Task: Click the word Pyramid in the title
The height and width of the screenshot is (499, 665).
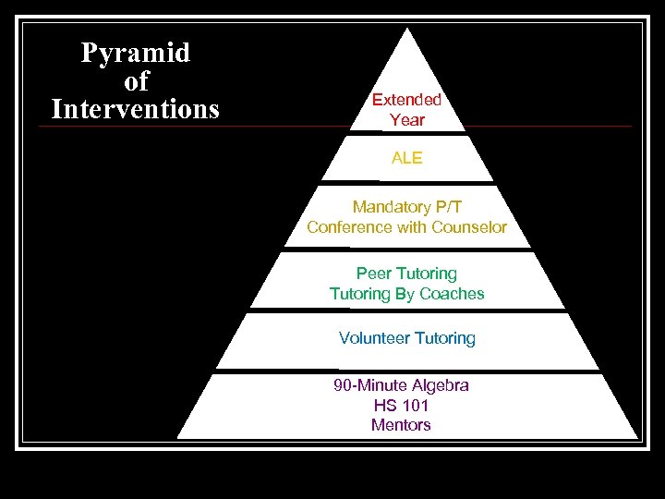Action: pos(135,54)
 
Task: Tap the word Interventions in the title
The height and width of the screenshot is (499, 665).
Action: pos(136,110)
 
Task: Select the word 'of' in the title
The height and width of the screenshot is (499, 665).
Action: pos(136,82)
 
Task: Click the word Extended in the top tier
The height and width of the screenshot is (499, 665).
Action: pos(406,100)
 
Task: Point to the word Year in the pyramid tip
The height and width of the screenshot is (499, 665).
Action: pos(407,120)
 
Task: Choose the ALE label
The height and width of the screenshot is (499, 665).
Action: pos(406,158)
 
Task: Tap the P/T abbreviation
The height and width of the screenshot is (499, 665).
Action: pos(450,207)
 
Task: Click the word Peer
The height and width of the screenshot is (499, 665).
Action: pos(373,274)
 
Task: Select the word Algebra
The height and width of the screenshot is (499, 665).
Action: pos(441,385)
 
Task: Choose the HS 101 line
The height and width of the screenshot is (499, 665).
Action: pos(401,406)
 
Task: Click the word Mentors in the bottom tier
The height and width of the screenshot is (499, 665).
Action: pos(401,425)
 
